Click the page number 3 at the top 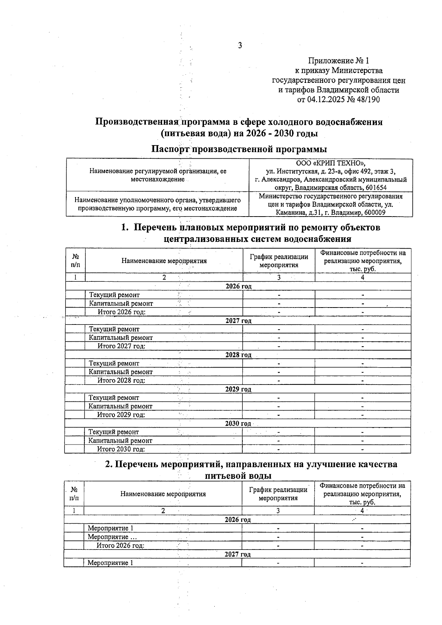pyautogui.click(x=240, y=46)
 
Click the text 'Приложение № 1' pyautogui.click(x=338, y=60)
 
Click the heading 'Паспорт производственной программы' pyautogui.click(x=239, y=149)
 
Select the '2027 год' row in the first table pyautogui.click(x=238, y=321)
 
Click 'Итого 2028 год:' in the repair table pyautogui.click(x=121, y=380)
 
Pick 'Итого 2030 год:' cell pyautogui.click(x=121, y=449)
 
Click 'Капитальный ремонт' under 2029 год pyautogui.click(x=120, y=406)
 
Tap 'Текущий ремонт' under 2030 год pyautogui.click(x=114, y=432)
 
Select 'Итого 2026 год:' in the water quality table pyautogui.click(x=120, y=545)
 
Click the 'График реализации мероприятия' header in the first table pyautogui.click(x=279, y=261)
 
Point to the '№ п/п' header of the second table pyautogui.click(x=74, y=494)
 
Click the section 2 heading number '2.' pyautogui.click(x=109, y=464)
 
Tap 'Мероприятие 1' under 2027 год pyautogui.click(x=110, y=563)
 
